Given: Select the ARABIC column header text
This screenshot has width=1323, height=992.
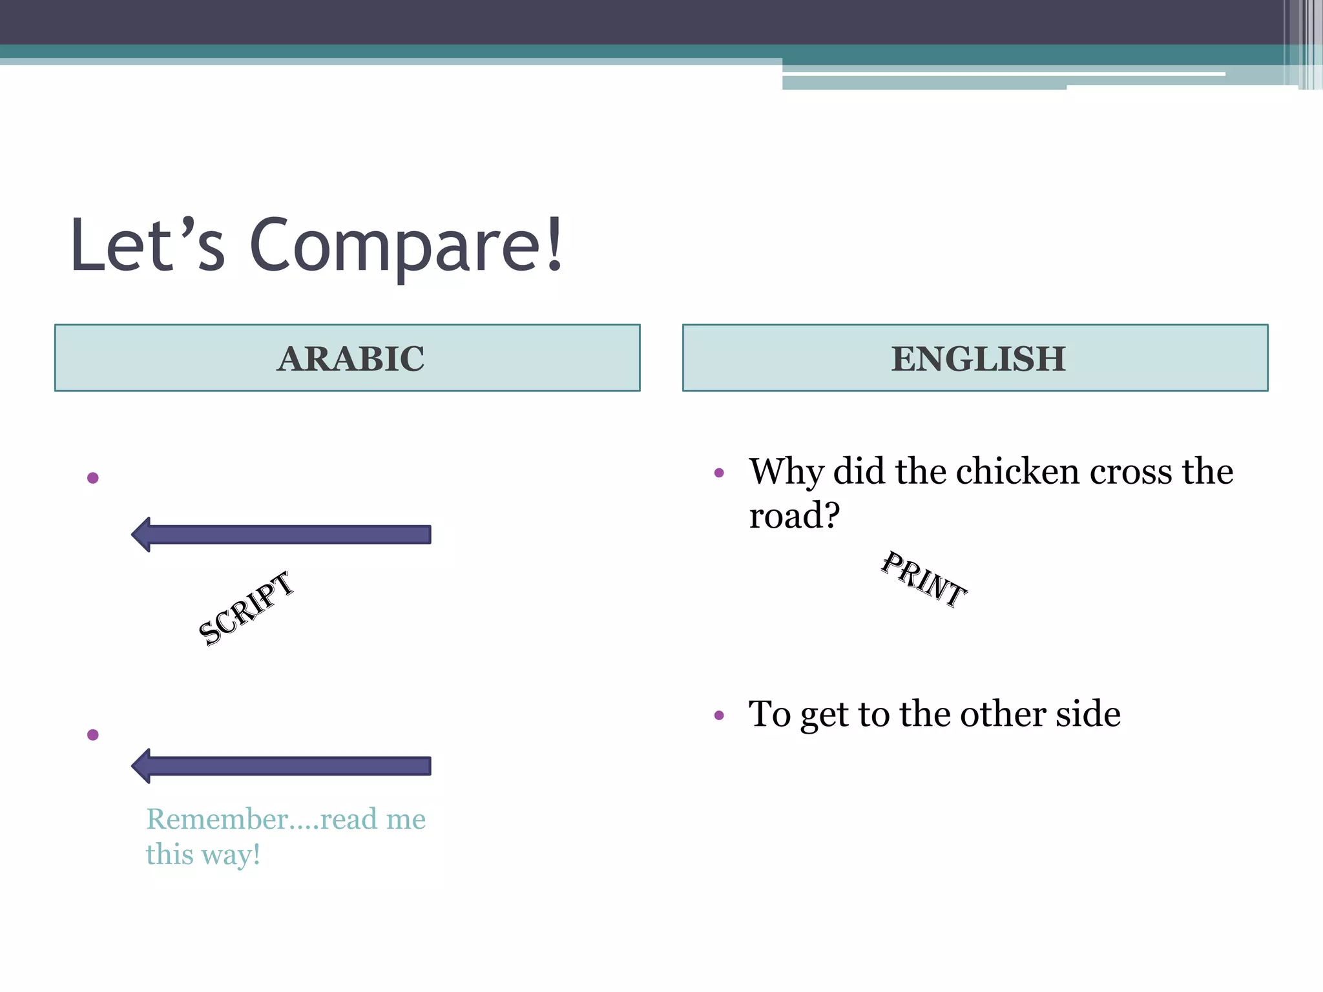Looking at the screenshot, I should pos(351,359).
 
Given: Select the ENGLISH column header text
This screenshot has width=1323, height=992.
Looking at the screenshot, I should pos(978,359).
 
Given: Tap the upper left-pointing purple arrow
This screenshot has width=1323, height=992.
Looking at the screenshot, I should pos(281,535).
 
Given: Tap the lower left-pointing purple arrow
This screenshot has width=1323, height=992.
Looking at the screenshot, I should pos(281,766).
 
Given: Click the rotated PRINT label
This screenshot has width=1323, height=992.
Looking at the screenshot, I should pos(924,580).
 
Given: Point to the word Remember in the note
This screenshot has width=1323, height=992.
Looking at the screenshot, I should pos(217,819).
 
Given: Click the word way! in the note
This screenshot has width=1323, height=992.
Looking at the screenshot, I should pos(231,854).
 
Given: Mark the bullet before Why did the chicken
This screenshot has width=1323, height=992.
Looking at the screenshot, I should pos(719,473).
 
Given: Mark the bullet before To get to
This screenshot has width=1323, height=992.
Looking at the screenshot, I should pos(719,716).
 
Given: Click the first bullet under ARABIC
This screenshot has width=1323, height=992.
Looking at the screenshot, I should pos(93,478).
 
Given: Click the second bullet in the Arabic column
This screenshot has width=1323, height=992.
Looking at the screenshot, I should pos(93,735).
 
